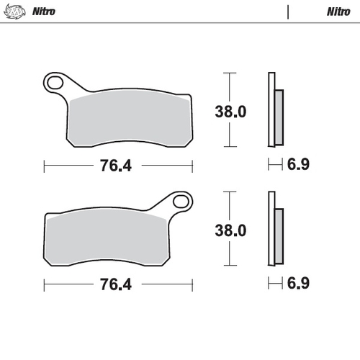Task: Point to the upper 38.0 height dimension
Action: coord(230,112)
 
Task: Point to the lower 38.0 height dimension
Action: coord(230,230)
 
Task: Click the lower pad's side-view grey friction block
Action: coord(279,235)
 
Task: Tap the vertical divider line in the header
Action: coord(288,12)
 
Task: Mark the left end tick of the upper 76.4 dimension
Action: coord(45,166)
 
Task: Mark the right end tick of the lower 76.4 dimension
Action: coord(192,284)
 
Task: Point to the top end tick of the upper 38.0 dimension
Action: coord(229,73)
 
